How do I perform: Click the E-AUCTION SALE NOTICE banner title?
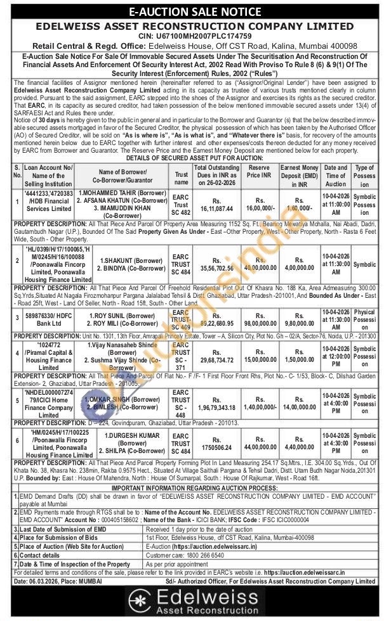click(x=192, y=11)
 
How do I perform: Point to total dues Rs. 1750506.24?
click(x=218, y=446)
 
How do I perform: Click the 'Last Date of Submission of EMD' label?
click(x=63, y=528)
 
